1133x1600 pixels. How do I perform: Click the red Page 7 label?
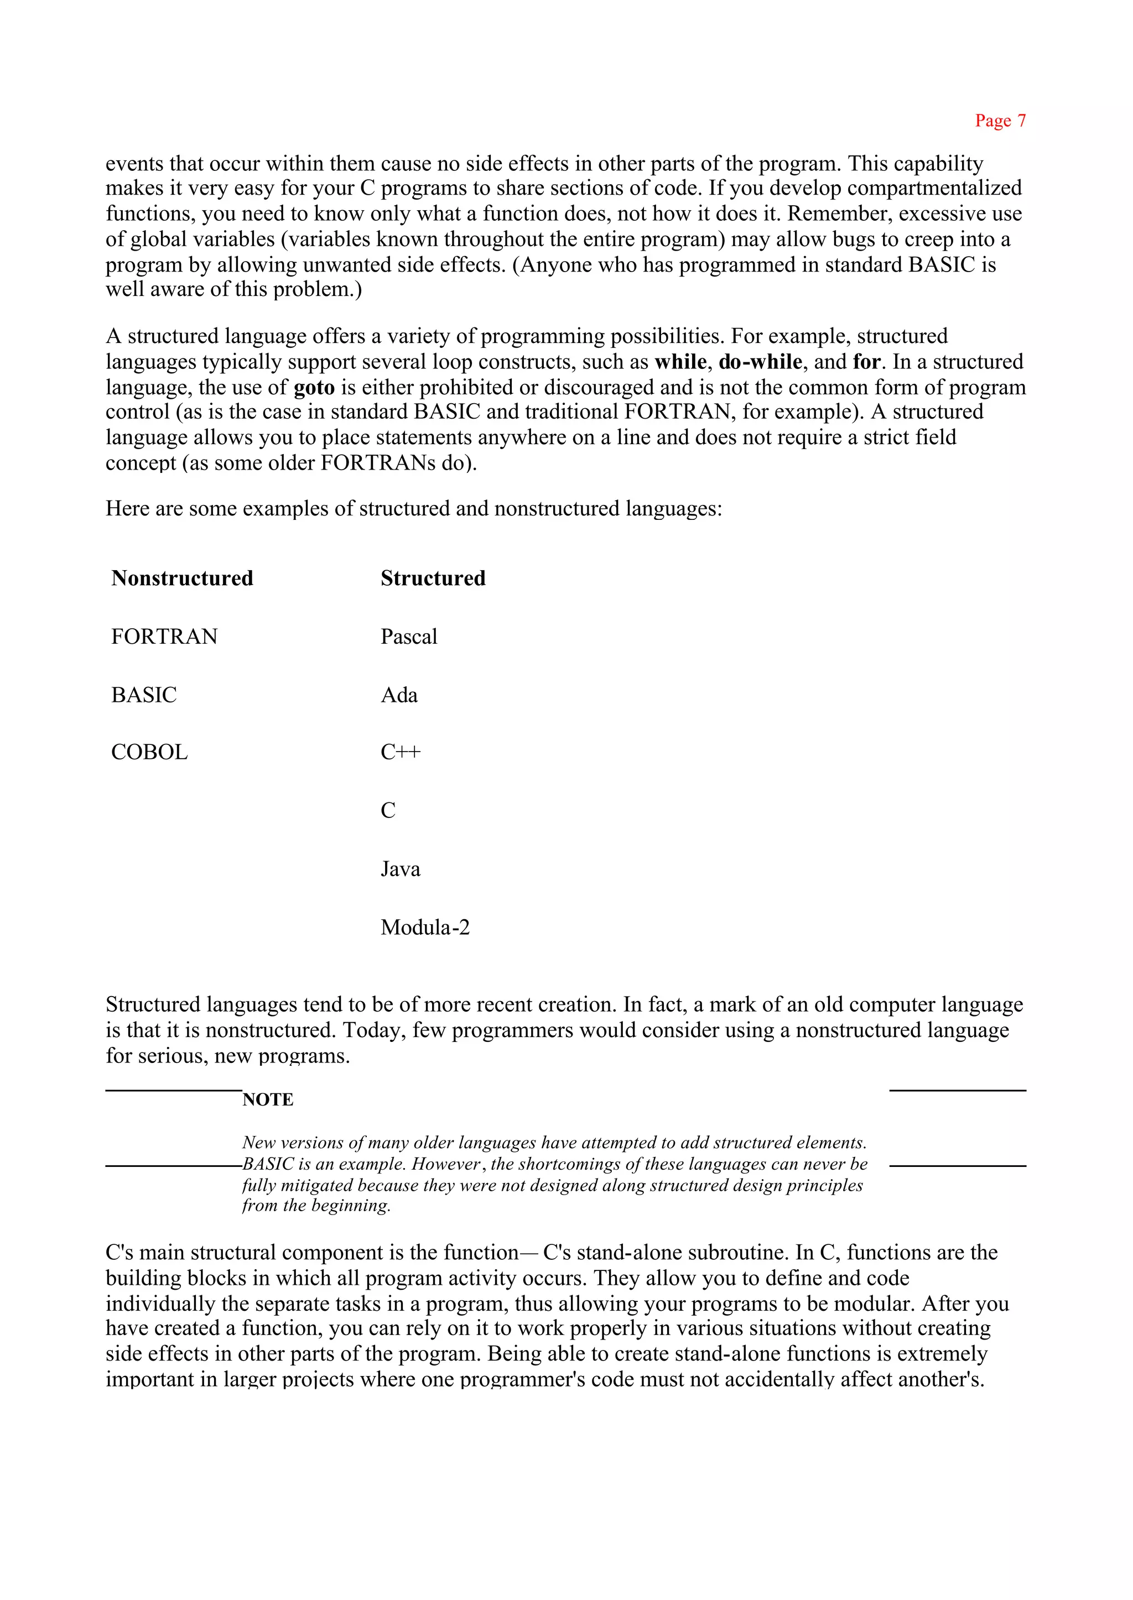pyautogui.click(x=1000, y=121)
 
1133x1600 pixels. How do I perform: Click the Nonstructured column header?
pyautogui.click(x=182, y=578)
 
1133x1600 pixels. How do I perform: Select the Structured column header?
pyautogui.click(x=433, y=578)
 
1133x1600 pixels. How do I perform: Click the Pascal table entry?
pyautogui.click(x=409, y=637)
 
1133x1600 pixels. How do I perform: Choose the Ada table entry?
pyautogui.click(x=399, y=695)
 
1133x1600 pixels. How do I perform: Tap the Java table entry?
pyautogui.click(x=401, y=869)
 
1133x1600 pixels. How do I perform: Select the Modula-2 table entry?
pyautogui.click(x=425, y=927)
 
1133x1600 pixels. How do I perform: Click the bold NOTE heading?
pyautogui.click(x=268, y=1100)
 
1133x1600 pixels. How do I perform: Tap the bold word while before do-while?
pyautogui.click(x=680, y=362)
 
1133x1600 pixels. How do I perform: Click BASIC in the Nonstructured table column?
pyautogui.click(x=144, y=695)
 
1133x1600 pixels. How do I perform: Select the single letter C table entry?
pyautogui.click(x=388, y=810)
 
